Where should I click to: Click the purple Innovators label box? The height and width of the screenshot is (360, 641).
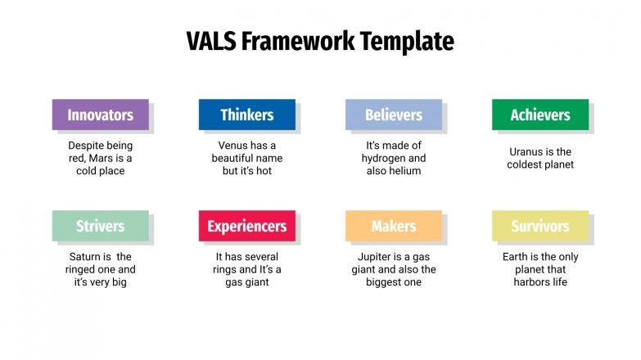[x=100, y=115]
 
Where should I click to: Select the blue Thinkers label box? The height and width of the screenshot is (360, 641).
[x=246, y=115]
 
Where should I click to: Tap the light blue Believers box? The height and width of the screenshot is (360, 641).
[x=393, y=115]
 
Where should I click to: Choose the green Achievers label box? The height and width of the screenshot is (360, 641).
[x=539, y=115]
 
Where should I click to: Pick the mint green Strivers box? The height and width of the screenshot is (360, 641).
[x=100, y=226]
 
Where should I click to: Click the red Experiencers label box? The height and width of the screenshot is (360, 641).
[x=246, y=226]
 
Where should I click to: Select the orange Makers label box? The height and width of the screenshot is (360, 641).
[x=393, y=226]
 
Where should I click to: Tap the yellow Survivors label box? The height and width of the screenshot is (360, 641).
[x=539, y=226]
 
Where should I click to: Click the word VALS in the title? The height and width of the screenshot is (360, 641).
[x=209, y=41]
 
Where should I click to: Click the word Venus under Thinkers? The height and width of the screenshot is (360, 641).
[x=223, y=146]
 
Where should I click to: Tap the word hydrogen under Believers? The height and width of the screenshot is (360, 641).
[x=394, y=158]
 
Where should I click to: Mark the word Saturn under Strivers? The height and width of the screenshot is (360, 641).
[x=85, y=257]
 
